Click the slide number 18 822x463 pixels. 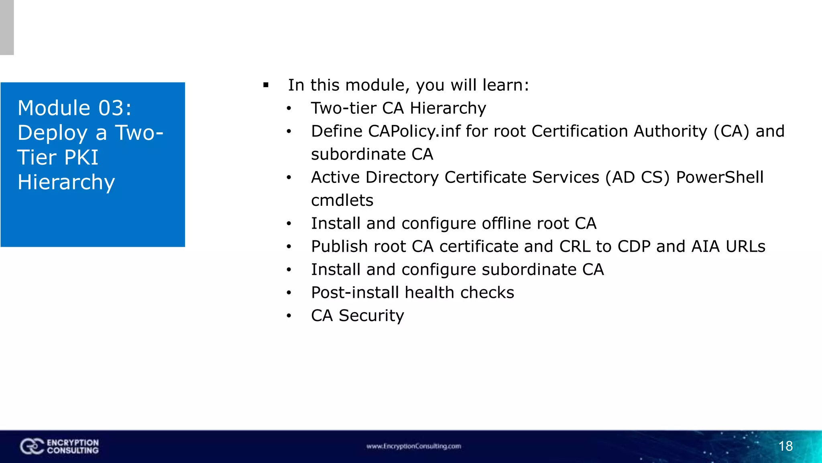point(785,446)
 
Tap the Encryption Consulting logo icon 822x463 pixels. point(32,447)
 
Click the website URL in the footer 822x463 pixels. point(413,446)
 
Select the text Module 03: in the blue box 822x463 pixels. point(75,108)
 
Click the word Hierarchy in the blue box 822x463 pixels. point(66,182)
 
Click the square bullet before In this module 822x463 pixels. point(266,85)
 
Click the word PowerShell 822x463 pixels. point(720,177)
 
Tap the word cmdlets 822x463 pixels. point(342,200)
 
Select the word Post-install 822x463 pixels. point(355,293)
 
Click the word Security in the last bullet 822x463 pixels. point(371,316)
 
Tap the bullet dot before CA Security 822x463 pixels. point(289,316)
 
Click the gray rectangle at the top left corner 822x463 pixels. point(7,27)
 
